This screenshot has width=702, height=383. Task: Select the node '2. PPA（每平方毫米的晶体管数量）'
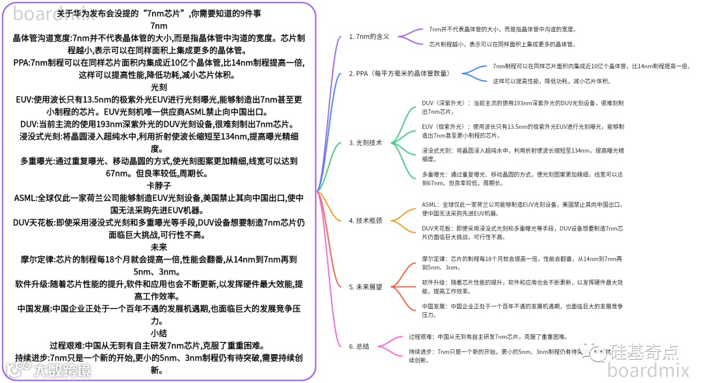398,73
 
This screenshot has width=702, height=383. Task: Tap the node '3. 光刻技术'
365,142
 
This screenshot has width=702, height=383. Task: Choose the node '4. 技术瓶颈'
365,221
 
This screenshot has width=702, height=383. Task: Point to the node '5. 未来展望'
365,287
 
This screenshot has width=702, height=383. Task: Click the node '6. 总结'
359,347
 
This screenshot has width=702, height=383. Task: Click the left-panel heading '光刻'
159,86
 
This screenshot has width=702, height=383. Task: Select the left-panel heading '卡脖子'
159,186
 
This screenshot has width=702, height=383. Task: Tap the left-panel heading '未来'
159,247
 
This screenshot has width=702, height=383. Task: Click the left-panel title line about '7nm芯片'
159,13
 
